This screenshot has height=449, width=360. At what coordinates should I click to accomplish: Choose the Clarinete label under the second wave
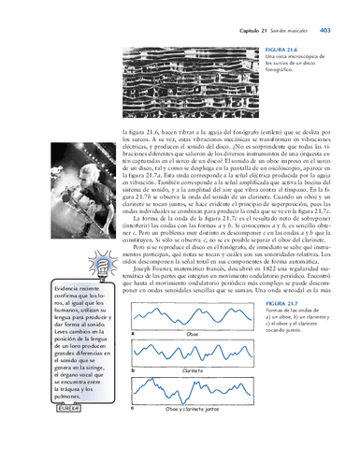tap(194, 370)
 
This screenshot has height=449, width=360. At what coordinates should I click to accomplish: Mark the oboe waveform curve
tap(193, 316)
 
